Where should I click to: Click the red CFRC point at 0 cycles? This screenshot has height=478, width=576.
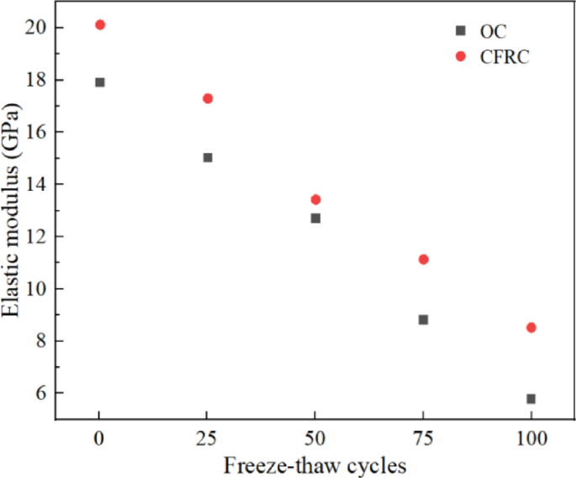pyautogui.click(x=100, y=25)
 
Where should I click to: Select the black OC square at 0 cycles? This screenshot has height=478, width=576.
pyautogui.click(x=100, y=82)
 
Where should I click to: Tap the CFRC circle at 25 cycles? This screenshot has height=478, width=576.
pyautogui.click(x=208, y=98)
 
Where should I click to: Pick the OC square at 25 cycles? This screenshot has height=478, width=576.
pyautogui.click(x=208, y=157)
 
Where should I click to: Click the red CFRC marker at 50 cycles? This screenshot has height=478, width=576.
pyautogui.click(x=315, y=199)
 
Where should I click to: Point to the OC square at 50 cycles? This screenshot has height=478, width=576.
pyautogui.click(x=315, y=218)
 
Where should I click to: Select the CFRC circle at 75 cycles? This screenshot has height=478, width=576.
pyautogui.click(x=423, y=260)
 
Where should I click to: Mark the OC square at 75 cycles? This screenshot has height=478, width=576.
pyautogui.click(x=423, y=319)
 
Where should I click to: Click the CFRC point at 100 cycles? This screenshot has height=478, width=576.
pyautogui.click(x=531, y=328)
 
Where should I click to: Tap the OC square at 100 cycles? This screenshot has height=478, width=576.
pyautogui.click(x=531, y=398)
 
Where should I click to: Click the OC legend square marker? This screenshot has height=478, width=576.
pyautogui.click(x=460, y=31)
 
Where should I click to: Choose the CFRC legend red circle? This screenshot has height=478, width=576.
pyautogui.click(x=460, y=56)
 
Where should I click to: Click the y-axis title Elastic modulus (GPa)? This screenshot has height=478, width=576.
pyautogui.click(x=13, y=210)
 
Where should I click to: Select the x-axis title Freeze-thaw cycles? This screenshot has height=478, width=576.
pyautogui.click(x=314, y=465)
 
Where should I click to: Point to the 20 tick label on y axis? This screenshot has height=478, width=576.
pyautogui.click(x=34, y=28)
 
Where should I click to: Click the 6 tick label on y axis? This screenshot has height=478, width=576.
pyautogui.click(x=39, y=392)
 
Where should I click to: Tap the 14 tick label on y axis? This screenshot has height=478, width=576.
pyautogui.click(x=34, y=184)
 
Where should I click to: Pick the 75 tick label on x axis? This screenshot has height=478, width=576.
pyautogui.click(x=423, y=438)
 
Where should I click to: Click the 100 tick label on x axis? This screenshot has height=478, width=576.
pyautogui.click(x=531, y=438)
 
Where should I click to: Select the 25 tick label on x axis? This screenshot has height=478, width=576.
pyautogui.click(x=208, y=438)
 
